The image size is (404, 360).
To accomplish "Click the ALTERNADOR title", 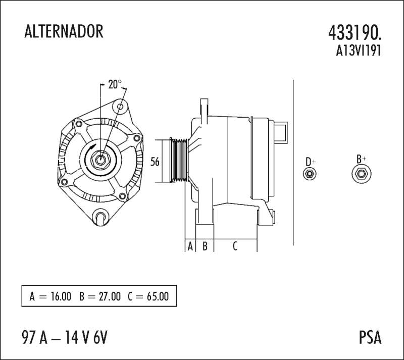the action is point(64,31).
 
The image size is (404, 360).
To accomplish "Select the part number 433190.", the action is point(355,33).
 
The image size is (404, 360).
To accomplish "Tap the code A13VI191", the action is point(358,50).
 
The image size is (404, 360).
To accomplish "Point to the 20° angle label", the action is point(115,84).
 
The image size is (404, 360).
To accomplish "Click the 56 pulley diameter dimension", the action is point(155,162).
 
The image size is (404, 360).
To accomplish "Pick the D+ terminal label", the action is point(310,162).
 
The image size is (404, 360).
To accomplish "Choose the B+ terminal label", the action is point(361,159).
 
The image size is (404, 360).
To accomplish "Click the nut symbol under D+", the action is point(310,174).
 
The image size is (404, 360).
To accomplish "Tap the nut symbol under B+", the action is point(361,174).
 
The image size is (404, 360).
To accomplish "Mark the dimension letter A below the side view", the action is point(190,246).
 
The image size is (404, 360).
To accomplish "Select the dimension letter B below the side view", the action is point(205,246).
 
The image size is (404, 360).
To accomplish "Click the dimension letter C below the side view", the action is point(235,246).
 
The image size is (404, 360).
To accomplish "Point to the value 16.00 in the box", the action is point(61,296).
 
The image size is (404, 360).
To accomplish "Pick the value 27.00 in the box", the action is point(110,296).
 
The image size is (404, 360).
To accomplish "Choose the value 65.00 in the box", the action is point(158,296).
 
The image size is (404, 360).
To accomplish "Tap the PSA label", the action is point(370,337).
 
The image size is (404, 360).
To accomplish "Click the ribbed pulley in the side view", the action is point(179,161).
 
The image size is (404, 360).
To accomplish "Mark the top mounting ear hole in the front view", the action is point(120,107).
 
